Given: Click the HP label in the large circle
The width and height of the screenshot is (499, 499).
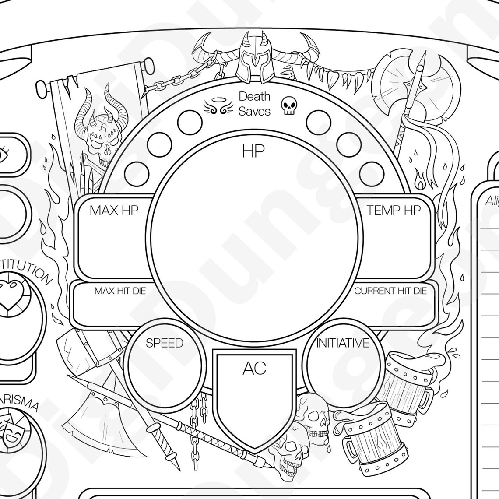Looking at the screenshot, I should (253, 151).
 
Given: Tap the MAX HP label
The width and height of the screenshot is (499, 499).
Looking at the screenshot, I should (114, 211).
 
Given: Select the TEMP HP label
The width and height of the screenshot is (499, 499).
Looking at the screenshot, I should (394, 211).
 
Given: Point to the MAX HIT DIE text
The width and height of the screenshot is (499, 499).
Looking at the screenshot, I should (120, 291).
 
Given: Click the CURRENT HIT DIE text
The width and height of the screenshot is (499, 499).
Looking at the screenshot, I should (390, 291).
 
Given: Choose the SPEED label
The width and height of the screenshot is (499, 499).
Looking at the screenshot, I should (164, 343).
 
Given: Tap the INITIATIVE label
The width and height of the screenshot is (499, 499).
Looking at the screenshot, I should (343, 343).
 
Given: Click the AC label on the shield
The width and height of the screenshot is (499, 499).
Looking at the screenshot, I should (254, 369).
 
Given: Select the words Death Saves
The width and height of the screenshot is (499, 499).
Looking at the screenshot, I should (254, 104).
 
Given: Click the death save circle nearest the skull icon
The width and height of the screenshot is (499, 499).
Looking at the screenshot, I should (318, 121).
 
